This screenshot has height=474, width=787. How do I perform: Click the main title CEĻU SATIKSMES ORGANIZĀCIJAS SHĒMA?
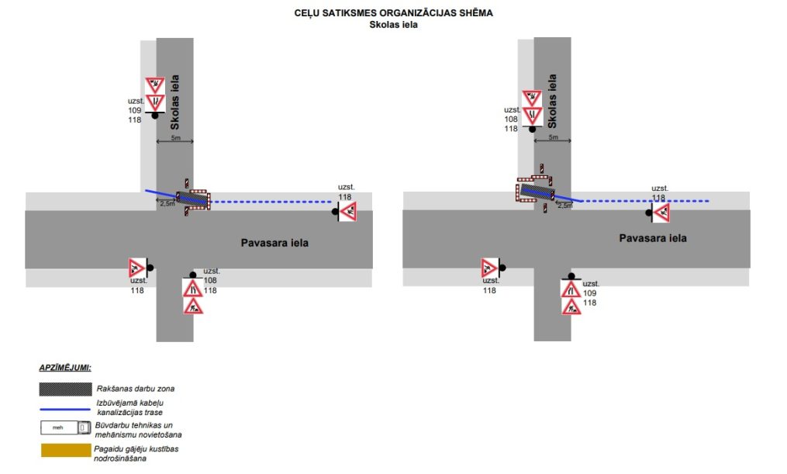click(393, 13)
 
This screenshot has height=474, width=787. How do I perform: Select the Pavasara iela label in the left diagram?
click(274, 243)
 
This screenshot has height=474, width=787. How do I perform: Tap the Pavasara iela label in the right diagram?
click(652, 238)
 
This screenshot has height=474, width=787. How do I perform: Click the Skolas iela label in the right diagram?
click(553, 102)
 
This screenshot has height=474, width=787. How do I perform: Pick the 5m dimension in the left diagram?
click(174, 138)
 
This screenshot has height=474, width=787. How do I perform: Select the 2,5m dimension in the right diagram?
click(565, 206)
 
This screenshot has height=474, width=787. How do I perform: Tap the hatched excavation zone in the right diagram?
click(536, 191)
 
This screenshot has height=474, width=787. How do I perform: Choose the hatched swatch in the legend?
click(64, 387)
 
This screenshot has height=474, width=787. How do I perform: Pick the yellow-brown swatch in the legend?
click(64, 451)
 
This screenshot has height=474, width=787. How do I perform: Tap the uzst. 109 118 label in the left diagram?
click(135, 110)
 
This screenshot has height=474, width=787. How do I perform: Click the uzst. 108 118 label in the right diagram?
click(511, 119)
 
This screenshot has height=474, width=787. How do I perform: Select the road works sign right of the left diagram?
click(347, 211)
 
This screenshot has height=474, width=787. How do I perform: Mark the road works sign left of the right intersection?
click(490, 268)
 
